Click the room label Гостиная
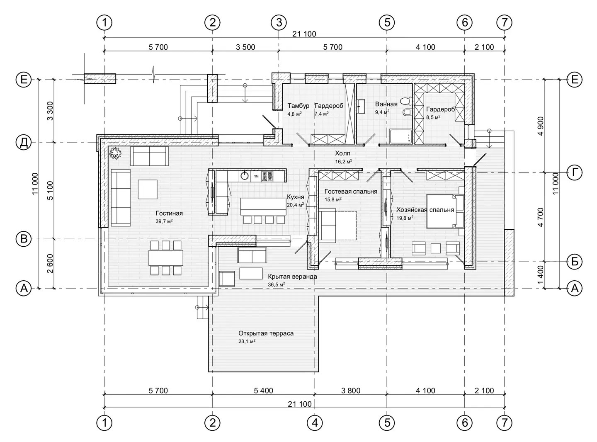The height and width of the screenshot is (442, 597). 169,213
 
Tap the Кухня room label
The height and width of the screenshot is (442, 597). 295,197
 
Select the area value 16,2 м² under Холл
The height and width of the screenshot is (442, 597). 343,162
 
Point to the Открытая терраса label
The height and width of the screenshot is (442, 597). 266,333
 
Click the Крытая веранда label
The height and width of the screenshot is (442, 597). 292,277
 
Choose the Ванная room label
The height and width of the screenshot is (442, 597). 386,104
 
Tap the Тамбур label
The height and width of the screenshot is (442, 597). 298,105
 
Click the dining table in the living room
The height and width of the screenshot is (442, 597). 166,258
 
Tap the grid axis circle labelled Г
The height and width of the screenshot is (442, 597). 574,172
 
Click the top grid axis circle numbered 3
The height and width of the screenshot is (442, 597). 279,22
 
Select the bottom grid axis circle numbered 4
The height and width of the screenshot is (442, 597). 315,423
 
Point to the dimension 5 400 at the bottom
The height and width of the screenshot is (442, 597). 264,390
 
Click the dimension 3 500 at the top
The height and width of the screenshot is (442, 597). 245,47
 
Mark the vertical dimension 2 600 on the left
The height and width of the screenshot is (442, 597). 50,264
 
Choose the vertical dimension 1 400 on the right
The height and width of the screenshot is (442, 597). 540,275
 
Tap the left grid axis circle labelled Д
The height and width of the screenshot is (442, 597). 24,142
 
